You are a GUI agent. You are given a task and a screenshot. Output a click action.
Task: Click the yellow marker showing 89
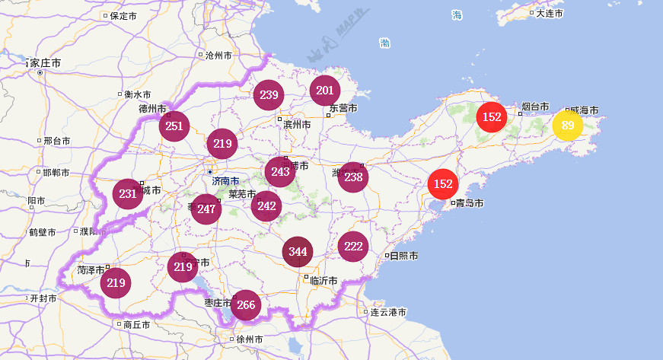click(567, 126)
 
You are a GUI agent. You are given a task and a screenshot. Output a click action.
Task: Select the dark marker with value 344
click(298, 252)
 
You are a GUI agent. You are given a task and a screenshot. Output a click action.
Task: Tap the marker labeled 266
click(245, 305)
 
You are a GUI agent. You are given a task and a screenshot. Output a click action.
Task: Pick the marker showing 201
click(324, 91)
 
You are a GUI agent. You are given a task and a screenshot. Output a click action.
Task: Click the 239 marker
click(268, 95)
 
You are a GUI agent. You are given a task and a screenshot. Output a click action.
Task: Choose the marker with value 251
click(174, 126)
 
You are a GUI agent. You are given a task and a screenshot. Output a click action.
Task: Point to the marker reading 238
click(352, 177)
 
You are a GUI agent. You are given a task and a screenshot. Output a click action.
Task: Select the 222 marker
click(352, 246)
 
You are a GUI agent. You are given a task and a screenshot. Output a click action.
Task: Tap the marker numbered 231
click(127, 193)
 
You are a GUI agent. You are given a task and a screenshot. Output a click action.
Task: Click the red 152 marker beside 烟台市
click(492, 116)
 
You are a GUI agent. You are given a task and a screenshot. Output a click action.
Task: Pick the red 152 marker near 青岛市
click(442, 183)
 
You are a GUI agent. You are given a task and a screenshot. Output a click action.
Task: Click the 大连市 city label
click(549, 14)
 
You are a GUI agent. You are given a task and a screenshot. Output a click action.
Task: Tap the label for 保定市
click(123, 15)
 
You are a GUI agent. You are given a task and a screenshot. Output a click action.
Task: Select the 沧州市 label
click(218, 55)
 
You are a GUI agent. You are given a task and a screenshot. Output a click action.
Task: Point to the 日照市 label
click(403, 256)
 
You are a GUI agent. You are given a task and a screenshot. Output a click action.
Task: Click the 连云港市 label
click(387, 312)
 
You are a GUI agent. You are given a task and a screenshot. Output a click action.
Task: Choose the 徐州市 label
click(250, 339)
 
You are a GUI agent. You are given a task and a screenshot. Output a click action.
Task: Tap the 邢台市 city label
click(57, 141)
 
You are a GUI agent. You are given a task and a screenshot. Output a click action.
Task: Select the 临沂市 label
click(324, 280)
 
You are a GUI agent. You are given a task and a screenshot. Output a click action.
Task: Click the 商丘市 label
click(137, 324)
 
